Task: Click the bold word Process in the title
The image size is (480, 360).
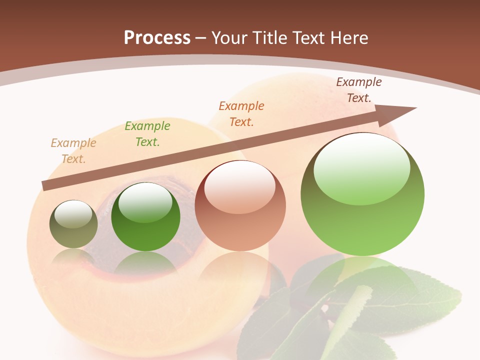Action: click(x=157, y=37)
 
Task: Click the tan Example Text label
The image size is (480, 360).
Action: click(x=73, y=151)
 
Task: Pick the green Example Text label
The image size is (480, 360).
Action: click(x=147, y=134)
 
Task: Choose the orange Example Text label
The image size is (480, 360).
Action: click(x=241, y=113)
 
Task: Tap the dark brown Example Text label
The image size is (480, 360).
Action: click(x=359, y=90)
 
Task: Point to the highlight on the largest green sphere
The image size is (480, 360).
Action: click(x=361, y=168)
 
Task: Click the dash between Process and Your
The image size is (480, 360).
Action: click(x=201, y=37)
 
